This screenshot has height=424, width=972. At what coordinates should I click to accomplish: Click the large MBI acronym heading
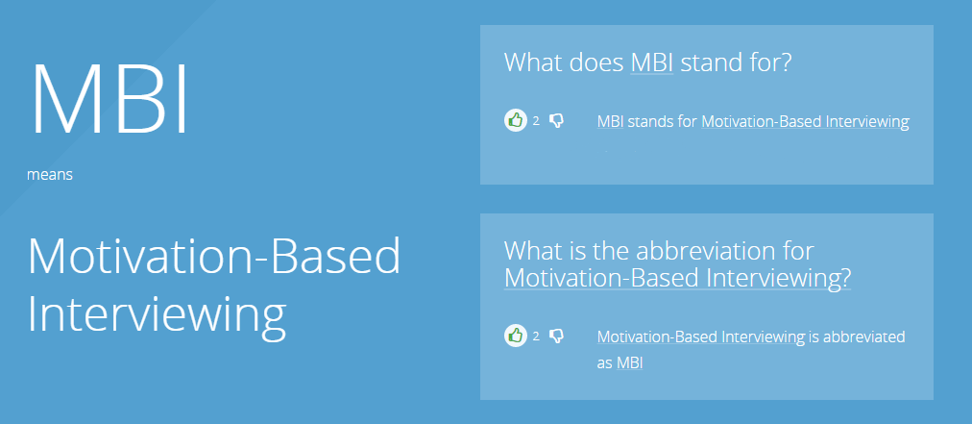click(x=109, y=98)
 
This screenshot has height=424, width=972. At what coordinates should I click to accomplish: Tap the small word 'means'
click(x=50, y=175)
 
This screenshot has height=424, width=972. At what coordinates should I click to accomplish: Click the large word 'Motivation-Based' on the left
click(x=214, y=256)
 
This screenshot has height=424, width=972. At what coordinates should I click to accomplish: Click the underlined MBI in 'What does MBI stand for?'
click(x=652, y=62)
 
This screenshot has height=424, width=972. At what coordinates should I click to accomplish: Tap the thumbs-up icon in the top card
click(x=515, y=120)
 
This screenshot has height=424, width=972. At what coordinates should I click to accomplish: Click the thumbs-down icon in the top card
click(x=557, y=120)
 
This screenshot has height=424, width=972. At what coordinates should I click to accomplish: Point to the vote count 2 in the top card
click(x=536, y=121)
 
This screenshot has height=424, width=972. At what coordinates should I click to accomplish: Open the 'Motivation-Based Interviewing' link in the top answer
click(x=805, y=122)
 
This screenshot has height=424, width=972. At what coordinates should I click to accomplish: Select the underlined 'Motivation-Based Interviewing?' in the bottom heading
click(x=677, y=278)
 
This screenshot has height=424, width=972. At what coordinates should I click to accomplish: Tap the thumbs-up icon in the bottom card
click(x=515, y=336)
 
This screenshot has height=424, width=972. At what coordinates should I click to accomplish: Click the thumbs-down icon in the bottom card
click(x=557, y=337)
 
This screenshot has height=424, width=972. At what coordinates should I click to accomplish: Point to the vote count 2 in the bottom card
click(x=536, y=337)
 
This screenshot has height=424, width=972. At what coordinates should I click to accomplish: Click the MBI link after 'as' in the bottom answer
click(x=630, y=363)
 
